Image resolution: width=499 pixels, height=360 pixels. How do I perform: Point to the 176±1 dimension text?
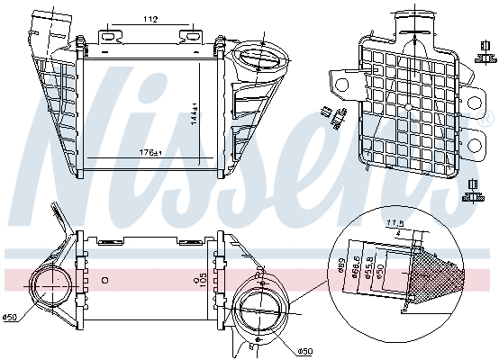click(149, 152)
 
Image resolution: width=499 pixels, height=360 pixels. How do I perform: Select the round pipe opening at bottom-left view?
click(51, 290)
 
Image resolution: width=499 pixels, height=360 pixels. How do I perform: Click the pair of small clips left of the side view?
click(334, 114)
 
